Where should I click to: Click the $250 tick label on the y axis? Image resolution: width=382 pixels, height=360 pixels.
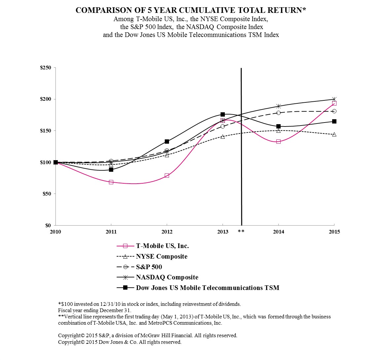(x=46, y=68)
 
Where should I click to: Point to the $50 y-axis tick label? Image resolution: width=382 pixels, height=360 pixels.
(x=47, y=194)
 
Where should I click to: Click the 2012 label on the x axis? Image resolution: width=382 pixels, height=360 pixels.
(x=167, y=232)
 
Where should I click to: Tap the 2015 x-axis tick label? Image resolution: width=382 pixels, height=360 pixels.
(x=334, y=232)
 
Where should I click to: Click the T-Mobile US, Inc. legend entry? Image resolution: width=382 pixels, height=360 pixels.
(x=162, y=246)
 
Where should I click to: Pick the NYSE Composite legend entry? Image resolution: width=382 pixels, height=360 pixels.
(x=161, y=257)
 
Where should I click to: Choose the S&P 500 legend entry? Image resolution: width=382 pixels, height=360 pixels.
(x=149, y=267)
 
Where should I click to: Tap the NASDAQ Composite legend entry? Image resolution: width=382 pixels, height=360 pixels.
(x=167, y=277)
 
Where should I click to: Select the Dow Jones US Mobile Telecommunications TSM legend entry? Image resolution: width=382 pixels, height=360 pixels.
(x=207, y=288)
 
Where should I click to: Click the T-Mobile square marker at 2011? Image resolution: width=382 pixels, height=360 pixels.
(x=111, y=182)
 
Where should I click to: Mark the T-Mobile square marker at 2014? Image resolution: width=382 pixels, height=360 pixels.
(x=278, y=141)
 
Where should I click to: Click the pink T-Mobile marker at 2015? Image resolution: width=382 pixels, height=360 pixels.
(x=334, y=103)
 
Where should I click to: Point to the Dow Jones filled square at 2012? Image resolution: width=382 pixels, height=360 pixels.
(x=167, y=141)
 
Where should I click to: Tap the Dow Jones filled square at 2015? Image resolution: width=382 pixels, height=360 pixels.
(x=334, y=121)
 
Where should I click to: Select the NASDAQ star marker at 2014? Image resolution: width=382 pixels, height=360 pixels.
(x=278, y=106)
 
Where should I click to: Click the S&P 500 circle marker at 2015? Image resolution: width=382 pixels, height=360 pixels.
(x=334, y=111)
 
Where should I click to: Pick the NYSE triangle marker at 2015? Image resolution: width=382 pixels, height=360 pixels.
(x=334, y=134)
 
